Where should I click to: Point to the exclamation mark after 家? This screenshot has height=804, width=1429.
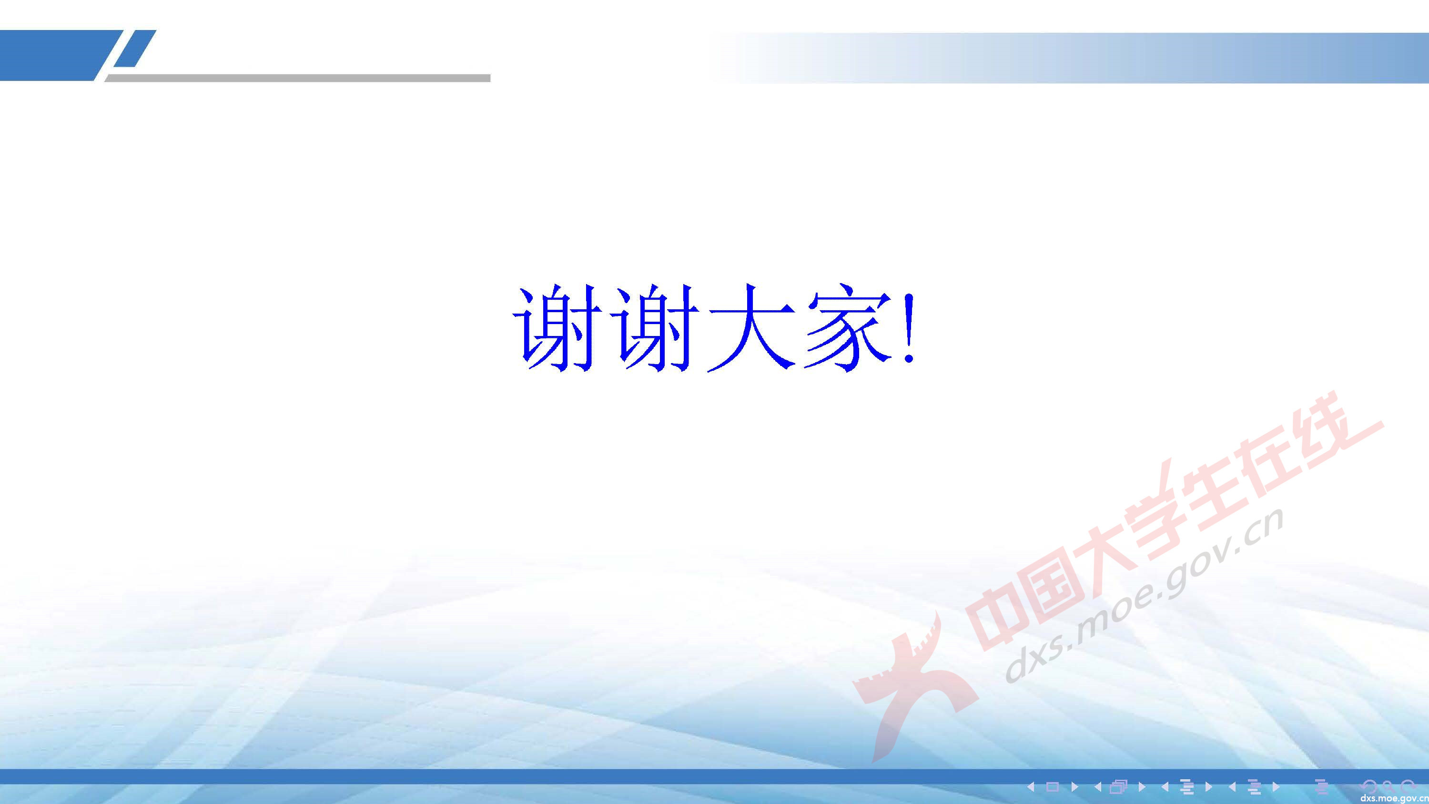908,330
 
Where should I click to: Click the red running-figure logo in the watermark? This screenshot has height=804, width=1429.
910,682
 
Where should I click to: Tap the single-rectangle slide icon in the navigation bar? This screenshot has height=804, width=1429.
1053,786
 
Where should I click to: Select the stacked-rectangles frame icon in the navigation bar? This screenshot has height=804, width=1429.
1118,786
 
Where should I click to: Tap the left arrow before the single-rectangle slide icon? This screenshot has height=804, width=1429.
1031,786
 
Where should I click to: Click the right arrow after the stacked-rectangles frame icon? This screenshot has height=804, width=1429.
1142,786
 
